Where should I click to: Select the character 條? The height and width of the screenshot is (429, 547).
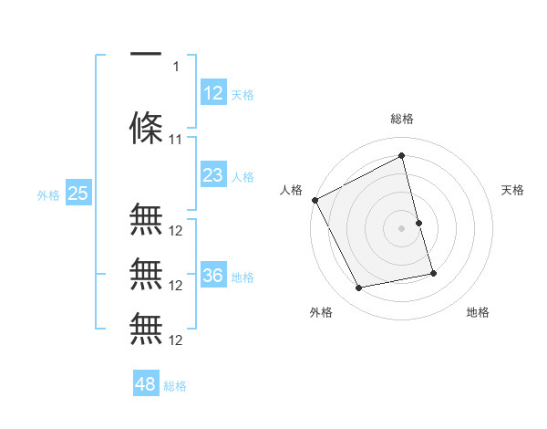coord(146,128)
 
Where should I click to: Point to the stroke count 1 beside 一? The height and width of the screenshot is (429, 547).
coord(176,66)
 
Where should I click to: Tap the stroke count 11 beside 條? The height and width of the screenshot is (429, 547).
coord(176,140)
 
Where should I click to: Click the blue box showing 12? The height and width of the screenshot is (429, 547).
coord(213,92)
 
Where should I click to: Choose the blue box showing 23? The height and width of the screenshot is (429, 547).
coord(213,175)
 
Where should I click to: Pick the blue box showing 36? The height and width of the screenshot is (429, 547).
coord(213,276)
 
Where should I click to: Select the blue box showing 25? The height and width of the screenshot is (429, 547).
coord(77,194)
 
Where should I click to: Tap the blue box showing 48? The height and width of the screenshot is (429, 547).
coord(146,384)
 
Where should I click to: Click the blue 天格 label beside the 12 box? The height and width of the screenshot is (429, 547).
coord(243,94)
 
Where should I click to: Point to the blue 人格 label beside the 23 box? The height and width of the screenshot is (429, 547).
coord(243,177)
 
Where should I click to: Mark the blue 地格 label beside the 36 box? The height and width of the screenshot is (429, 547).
coord(243,277)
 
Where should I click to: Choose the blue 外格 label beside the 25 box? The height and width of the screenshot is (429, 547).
coord(48,194)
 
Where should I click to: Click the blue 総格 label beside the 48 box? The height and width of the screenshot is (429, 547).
coord(175,386)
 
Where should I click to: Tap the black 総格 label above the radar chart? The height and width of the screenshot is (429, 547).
coord(401,119)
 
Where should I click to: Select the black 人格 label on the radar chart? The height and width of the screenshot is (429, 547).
coord(291,190)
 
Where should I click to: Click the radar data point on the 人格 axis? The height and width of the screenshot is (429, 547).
coord(315,200)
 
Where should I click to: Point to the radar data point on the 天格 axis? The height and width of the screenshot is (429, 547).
coord(418,223)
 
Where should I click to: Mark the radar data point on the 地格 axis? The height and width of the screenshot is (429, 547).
coord(433,272)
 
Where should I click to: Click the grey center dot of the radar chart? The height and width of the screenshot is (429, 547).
coord(401,228)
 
